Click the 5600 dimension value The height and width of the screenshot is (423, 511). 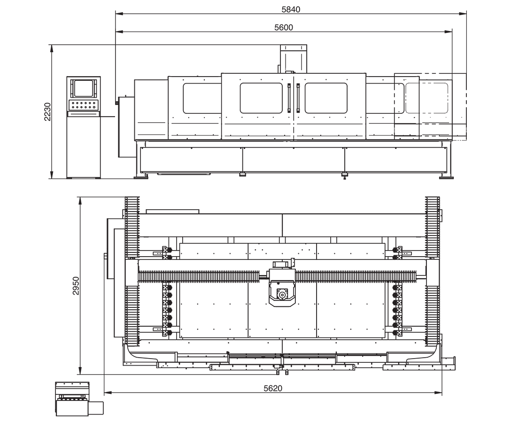(x=283, y=27)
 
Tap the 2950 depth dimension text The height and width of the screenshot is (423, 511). (x=75, y=286)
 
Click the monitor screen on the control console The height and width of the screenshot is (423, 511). (x=83, y=87)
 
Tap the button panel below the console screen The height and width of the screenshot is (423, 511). (x=83, y=105)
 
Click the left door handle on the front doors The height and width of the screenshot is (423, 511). (x=289, y=97)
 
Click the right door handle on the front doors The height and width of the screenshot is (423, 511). (x=298, y=97)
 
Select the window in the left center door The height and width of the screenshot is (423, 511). (x=261, y=98)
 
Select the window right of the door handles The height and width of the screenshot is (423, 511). (x=326, y=98)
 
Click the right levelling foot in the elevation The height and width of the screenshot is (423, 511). (x=447, y=177)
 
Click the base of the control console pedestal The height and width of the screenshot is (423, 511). (x=84, y=177)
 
